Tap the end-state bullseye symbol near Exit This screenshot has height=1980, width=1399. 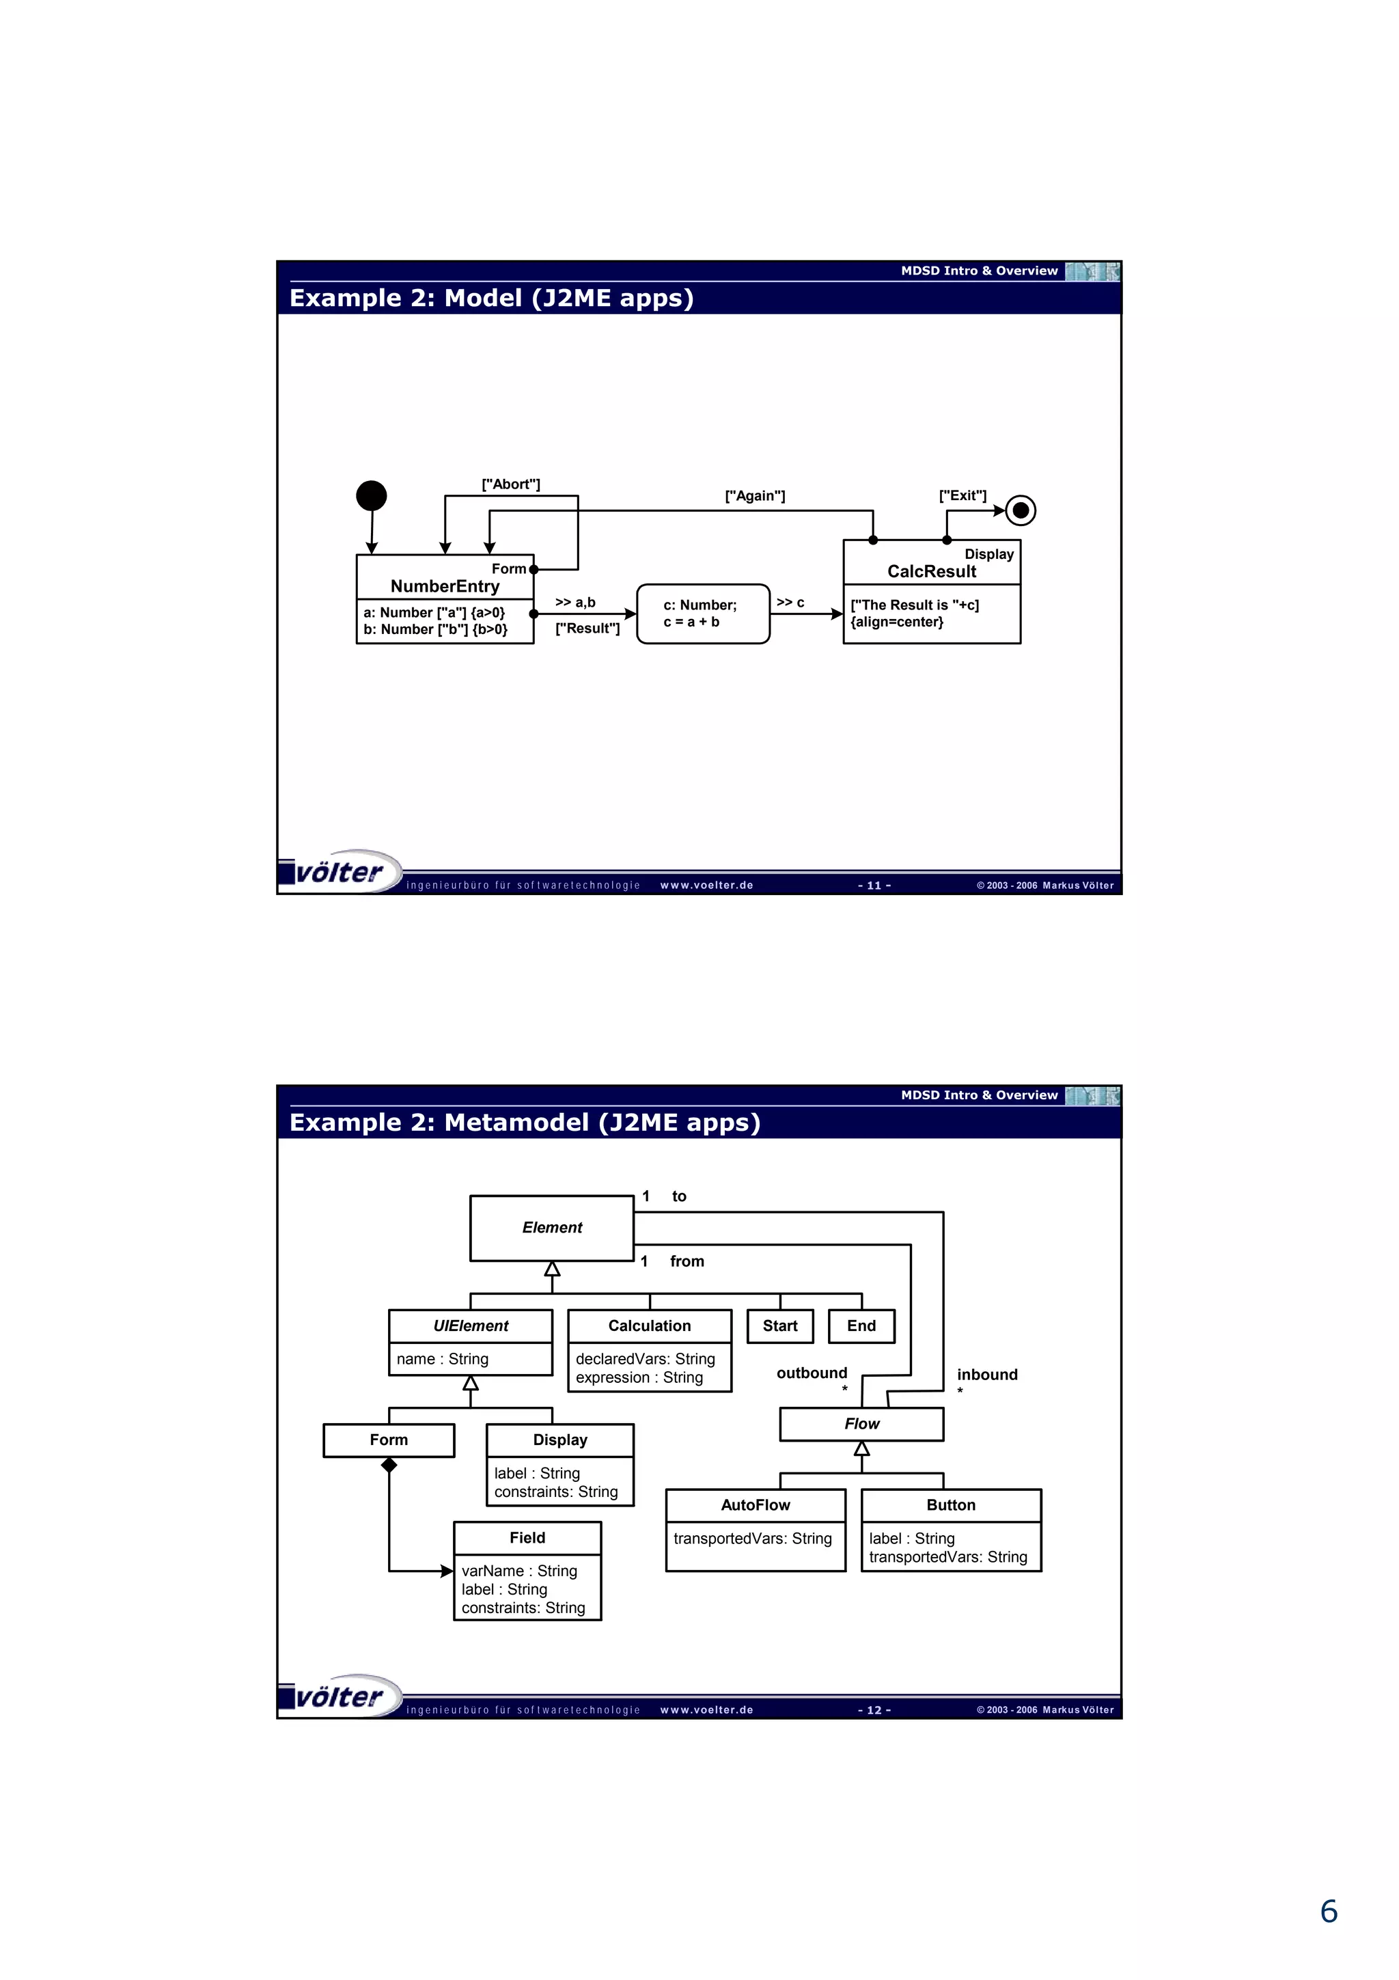point(1021,510)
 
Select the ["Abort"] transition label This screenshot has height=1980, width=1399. point(510,484)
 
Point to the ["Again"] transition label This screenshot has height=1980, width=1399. point(755,496)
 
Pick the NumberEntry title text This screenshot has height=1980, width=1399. point(445,586)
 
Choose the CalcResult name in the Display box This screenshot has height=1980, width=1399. point(932,572)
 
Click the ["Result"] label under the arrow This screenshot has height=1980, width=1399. point(587,629)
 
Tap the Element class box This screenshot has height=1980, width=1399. point(552,1228)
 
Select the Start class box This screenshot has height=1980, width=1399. point(779,1326)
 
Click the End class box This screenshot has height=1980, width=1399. point(861,1326)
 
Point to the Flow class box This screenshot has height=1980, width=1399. point(861,1424)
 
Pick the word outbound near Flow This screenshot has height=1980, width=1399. point(811,1373)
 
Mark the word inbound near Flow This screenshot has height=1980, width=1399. point(987,1375)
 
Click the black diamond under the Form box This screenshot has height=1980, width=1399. point(389,1464)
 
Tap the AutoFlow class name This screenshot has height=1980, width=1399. point(755,1505)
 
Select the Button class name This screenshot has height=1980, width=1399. point(951,1505)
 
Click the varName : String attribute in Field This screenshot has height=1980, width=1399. point(519,1571)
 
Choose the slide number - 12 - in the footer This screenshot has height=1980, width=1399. point(874,1710)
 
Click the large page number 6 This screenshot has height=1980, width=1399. point(1329,1912)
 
